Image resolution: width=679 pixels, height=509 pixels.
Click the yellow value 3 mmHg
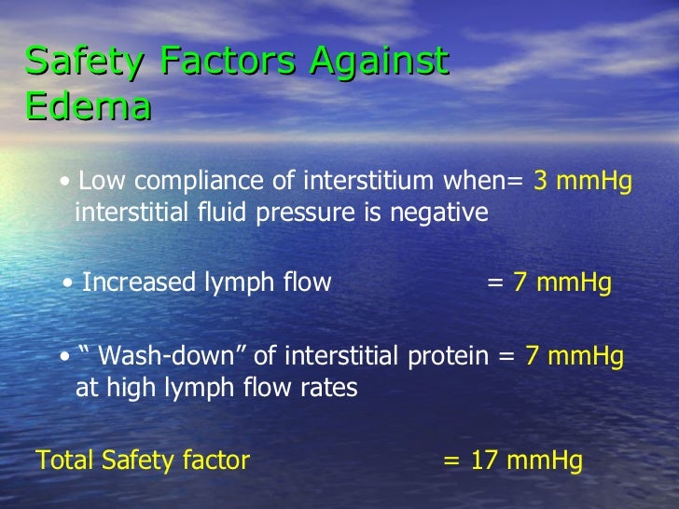click(x=582, y=182)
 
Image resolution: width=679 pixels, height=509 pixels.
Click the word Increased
click(x=139, y=282)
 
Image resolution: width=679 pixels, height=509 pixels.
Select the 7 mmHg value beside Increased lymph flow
click(x=561, y=282)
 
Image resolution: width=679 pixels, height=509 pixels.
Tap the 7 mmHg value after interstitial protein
click(x=575, y=357)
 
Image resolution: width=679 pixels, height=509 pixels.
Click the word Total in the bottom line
click(x=62, y=460)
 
